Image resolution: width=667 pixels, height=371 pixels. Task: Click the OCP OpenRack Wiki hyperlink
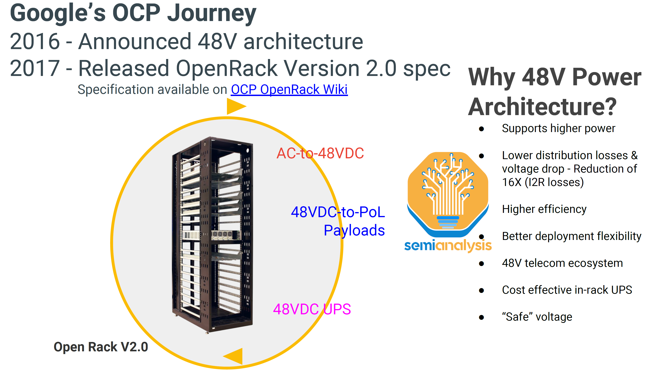pyautogui.click(x=289, y=90)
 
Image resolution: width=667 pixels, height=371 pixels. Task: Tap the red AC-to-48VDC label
pyautogui.click(x=320, y=153)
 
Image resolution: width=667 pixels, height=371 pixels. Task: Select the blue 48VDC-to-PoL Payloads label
pyautogui.click(x=338, y=221)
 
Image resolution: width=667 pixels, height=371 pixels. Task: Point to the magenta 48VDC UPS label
pyautogui.click(x=312, y=309)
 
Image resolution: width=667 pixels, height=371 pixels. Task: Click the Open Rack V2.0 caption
pyautogui.click(x=101, y=347)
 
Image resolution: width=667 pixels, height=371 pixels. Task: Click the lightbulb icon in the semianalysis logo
pyautogui.click(x=448, y=192)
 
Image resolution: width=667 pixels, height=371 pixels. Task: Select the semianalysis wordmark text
pyautogui.click(x=448, y=245)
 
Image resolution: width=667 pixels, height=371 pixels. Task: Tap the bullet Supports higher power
pyautogui.click(x=558, y=129)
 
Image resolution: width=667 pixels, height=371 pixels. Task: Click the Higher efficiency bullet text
pyautogui.click(x=544, y=209)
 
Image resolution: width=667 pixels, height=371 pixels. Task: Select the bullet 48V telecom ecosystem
pyautogui.click(x=562, y=263)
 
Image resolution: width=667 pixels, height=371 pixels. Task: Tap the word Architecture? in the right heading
pyautogui.click(x=542, y=107)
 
